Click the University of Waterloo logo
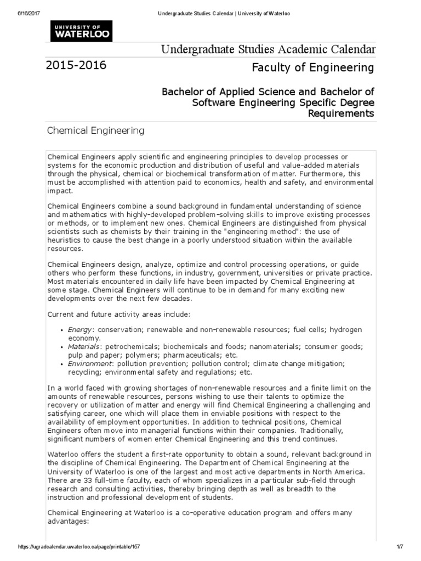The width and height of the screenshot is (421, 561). coord(81,31)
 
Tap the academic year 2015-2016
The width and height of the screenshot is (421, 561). coord(77,66)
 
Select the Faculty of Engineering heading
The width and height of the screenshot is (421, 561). coord(313,67)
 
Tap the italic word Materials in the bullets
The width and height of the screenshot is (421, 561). coord(84,347)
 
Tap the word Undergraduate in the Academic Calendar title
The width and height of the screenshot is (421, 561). coord(194,50)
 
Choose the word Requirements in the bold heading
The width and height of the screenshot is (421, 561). coord(341,113)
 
